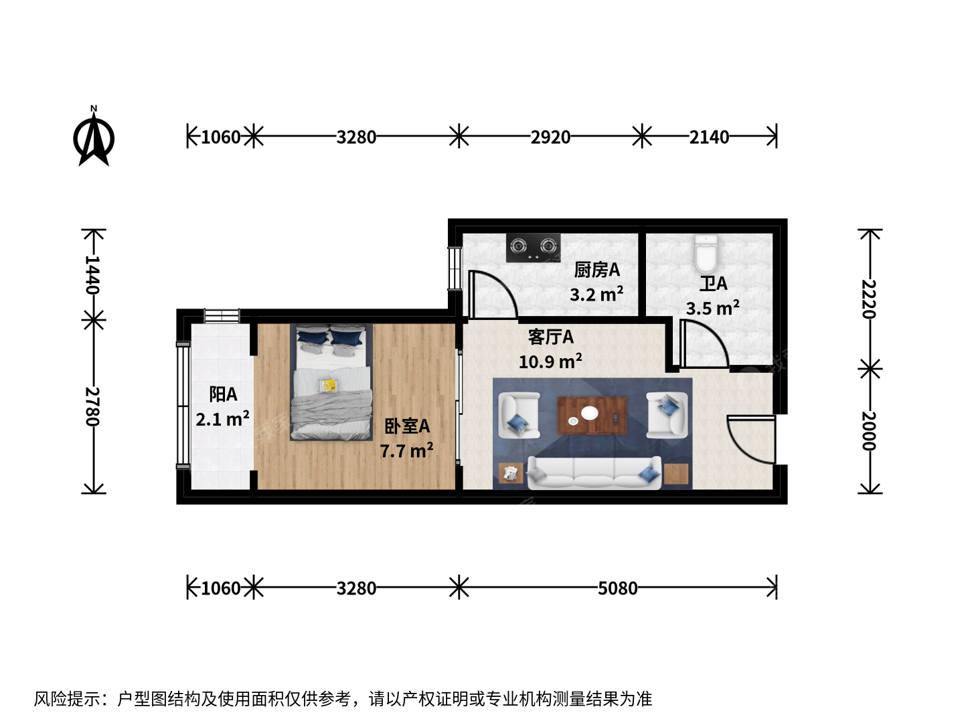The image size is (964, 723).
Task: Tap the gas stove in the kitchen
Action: tap(533, 248)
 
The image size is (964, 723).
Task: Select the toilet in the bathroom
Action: tap(706, 254)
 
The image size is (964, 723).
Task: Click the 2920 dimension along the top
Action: tap(550, 137)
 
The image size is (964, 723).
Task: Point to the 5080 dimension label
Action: tap(617, 588)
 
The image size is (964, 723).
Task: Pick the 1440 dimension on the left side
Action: tap(92, 274)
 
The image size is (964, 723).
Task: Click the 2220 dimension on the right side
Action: tap(869, 299)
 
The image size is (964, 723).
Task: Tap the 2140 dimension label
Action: tap(709, 137)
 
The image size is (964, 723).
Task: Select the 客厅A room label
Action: tap(551, 337)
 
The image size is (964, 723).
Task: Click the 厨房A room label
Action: tap(597, 270)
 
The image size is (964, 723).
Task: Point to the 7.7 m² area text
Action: tap(406, 451)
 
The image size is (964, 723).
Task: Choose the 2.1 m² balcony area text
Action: tap(223, 419)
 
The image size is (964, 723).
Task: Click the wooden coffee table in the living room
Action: tap(592, 416)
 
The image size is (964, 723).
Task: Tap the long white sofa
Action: tap(594, 473)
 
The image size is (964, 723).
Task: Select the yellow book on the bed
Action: tap(329, 386)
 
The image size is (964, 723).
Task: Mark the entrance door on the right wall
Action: tap(751, 439)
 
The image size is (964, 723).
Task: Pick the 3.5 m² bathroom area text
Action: tap(713, 308)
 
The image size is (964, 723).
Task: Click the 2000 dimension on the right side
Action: tap(869, 431)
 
